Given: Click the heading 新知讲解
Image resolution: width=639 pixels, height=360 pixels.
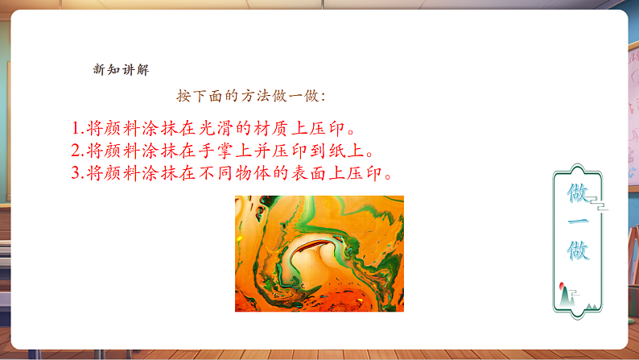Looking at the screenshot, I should click(x=121, y=69).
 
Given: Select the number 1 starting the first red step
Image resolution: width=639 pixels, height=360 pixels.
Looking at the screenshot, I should click(x=75, y=129).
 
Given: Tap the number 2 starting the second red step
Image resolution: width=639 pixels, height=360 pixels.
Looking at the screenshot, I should click(x=75, y=151).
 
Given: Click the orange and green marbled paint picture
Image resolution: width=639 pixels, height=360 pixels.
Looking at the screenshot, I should click(x=319, y=254).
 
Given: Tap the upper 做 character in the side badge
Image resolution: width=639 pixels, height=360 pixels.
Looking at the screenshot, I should click(x=579, y=193).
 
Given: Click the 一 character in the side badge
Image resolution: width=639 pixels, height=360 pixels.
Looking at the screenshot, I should click(x=579, y=222).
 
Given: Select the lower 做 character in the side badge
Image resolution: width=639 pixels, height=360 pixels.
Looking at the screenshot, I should click(x=579, y=250).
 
